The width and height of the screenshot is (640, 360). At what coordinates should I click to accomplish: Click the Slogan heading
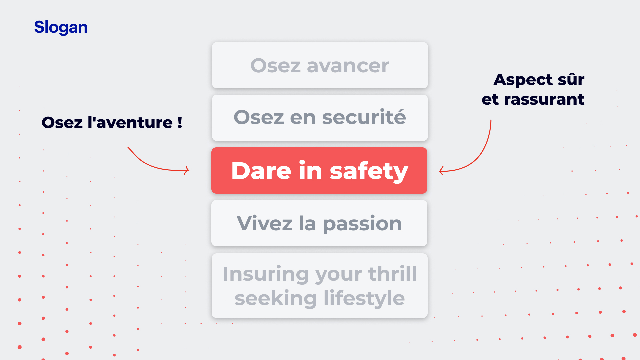pyautogui.click(x=61, y=27)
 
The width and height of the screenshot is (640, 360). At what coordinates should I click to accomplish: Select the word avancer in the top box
pyautogui.click(x=348, y=66)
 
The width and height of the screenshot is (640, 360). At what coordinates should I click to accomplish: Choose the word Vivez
pyautogui.click(x=265, y=223)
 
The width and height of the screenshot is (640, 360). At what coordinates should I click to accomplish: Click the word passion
pyautogui.click(x=362, y=224)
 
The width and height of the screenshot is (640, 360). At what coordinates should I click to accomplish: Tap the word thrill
pyautogui.click(x=392, y=274)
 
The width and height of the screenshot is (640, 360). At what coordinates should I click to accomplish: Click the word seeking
pyautogui.click(x=276, y=298)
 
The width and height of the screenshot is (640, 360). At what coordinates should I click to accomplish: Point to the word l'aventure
pyautogui.click(x=130, y=122)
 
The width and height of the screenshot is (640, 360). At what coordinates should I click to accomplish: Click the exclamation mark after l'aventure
pyautogui.click(x=180, y=122)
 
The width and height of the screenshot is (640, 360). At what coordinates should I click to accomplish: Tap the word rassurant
pyautogui.click(x=544, y=99)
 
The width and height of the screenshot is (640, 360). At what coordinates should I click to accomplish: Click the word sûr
pyautogui.click(x=571, y=79)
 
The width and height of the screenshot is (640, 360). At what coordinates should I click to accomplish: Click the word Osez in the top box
pyautogui.click(x=276, y=66)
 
